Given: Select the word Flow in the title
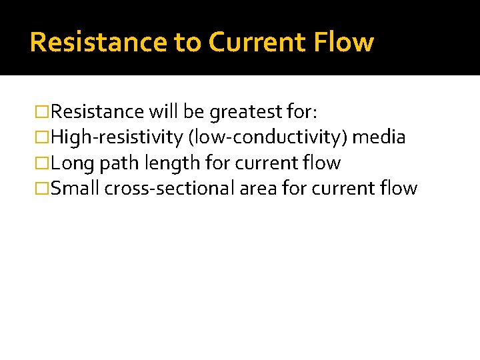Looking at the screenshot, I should pyautogui.click(x=345, y=43).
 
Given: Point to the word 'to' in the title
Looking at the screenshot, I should pyautogui.click(x=188, y=43).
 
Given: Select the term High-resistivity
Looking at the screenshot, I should pyautogui.click(x=117, y=137).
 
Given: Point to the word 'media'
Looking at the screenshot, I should pyautogui.click(x=379, y=137).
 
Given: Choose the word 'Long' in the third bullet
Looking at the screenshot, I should pyautogui.click(x=70, y=163).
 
